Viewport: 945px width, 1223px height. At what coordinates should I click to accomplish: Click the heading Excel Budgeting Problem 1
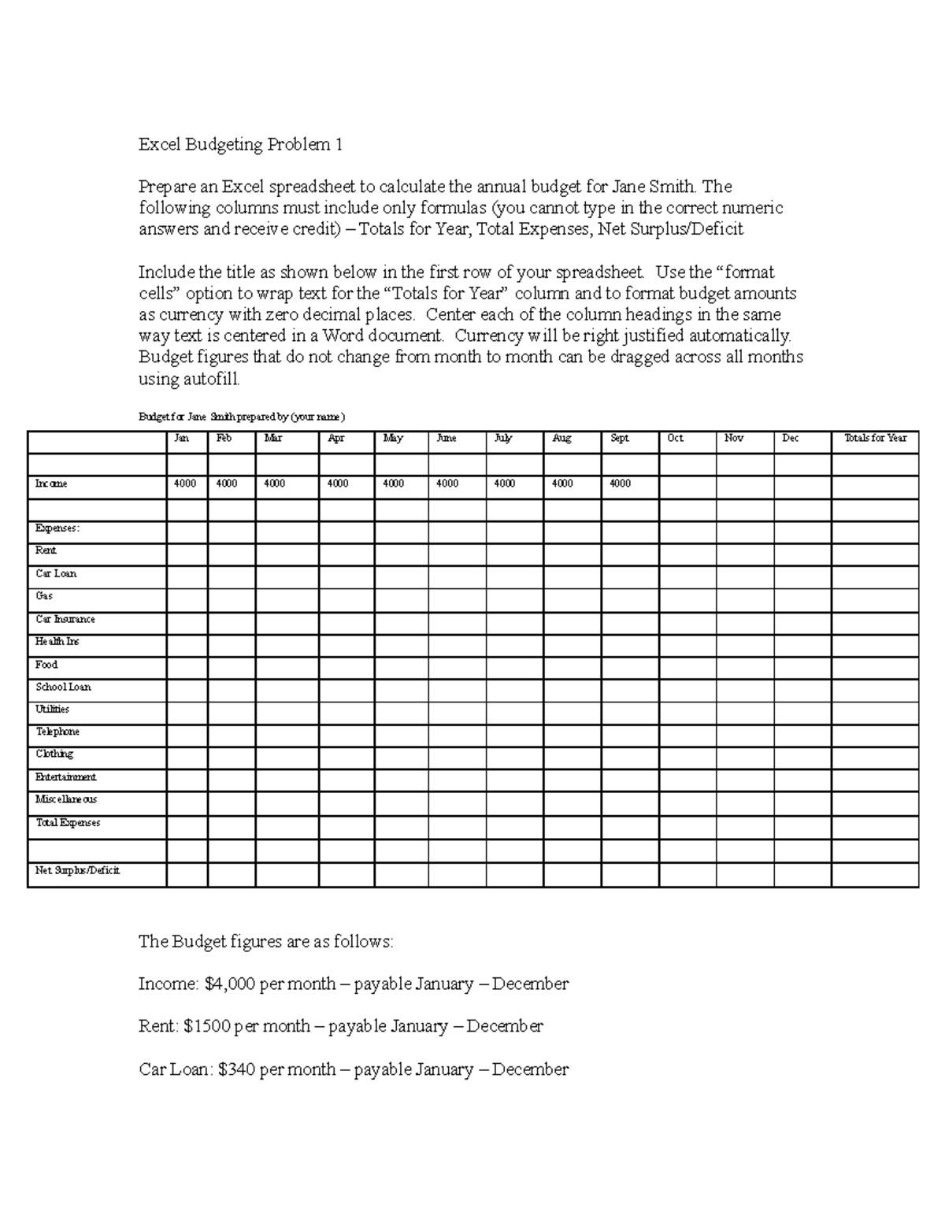(x=241, y=145)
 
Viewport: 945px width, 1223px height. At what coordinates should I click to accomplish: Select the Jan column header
(x=181, y=439)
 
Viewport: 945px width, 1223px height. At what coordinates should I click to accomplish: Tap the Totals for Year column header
(x=875, y=439)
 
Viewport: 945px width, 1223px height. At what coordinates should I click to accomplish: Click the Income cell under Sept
(x=621, y=484)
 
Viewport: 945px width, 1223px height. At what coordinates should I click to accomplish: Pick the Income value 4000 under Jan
(x=185, y=484)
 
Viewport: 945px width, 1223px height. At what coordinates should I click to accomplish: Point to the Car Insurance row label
(x=65, y=620)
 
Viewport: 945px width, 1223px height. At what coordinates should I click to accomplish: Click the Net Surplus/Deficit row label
(x=77, y=871)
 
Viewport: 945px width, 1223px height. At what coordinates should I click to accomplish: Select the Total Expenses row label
(x=69, y=823)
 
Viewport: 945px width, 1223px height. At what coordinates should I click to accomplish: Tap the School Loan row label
(x=64, y=687)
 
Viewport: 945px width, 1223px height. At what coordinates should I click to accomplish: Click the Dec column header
(x=790, y=439)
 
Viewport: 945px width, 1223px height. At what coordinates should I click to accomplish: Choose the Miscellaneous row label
(x=66, y=799)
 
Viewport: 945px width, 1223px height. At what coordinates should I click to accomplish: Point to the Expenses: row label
(x=57, y=528)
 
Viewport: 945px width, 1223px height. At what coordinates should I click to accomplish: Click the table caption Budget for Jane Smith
(x=242, y=417)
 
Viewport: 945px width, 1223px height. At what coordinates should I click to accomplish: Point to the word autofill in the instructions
(x=209, y=379)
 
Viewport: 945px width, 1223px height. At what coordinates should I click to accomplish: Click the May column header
(x=393, y=439)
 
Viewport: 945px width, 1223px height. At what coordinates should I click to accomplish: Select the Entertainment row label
(x=66, y=777)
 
